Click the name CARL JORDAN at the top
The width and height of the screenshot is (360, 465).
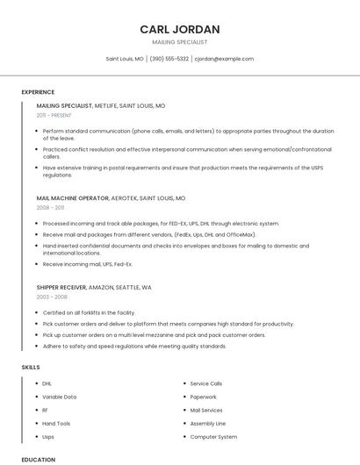click(179, 29)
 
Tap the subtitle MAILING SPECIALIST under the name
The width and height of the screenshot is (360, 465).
click(179, 42)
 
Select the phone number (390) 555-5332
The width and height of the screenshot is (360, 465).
click(169, 59)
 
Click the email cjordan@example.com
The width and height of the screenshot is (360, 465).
click(224, 59)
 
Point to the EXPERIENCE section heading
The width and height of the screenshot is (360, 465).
click(40, 90)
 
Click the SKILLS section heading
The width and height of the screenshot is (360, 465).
click(31, 367)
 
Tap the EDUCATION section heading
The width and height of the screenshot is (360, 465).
click(39, 459)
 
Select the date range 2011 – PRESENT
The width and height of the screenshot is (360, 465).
click(54, 115)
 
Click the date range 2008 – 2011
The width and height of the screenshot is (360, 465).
click(50, 208)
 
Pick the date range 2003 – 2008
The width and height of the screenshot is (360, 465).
click(52, 297)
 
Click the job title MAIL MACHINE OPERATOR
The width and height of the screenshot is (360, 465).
click(73, 198)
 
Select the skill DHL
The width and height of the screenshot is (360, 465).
click(47, 383)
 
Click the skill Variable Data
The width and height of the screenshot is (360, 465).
click(59, 397)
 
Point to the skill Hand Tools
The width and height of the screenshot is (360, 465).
click(56, 423)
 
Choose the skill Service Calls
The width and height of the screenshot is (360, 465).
click(206, 383)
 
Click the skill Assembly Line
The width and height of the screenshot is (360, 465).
click(208, 423)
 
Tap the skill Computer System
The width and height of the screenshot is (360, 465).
click(213, 436)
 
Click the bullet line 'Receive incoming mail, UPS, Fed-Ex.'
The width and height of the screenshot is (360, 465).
click(88, 263)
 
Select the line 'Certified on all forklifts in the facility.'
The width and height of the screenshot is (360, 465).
click(90, 312)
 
